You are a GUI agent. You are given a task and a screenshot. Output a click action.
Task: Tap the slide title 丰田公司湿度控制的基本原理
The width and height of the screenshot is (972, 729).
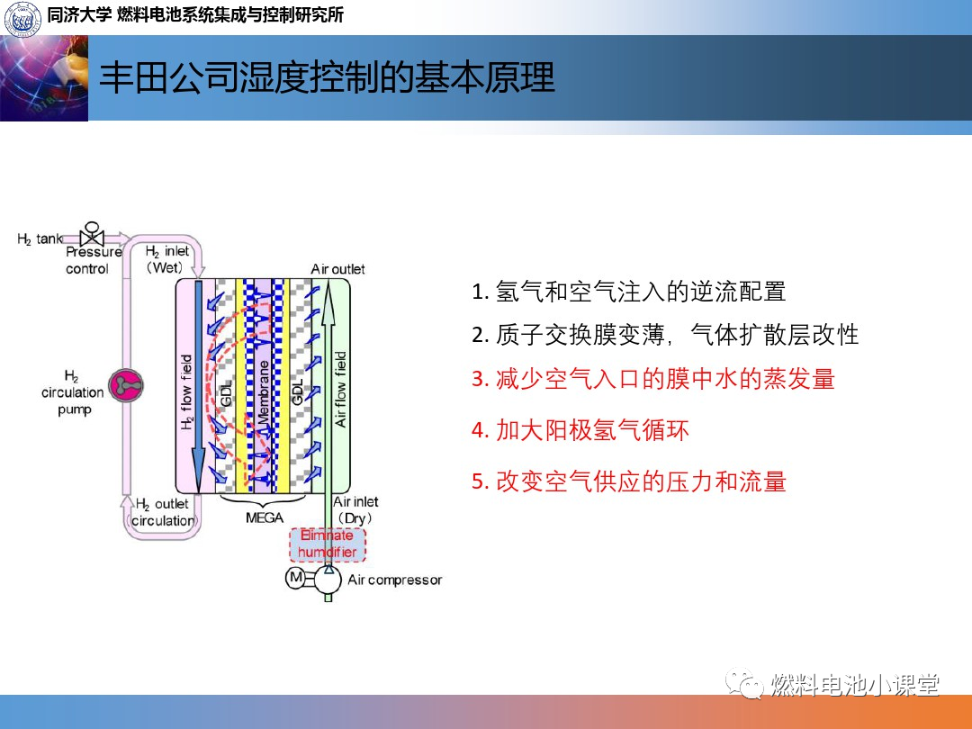coord(327,77)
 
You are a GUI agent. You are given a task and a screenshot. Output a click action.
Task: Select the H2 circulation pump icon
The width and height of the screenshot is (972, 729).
coord(127,385)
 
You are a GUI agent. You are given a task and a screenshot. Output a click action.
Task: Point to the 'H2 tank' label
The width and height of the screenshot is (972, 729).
coord(40,239)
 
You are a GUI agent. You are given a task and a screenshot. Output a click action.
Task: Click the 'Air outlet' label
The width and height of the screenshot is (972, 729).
coord(337,269)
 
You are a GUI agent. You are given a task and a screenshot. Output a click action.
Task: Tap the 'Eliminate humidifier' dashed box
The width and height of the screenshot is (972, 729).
coord(328,544)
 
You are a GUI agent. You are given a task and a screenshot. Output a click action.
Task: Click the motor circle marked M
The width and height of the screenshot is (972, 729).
coord(296,578)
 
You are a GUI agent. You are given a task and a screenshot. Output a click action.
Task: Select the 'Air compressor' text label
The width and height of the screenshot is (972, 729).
coord(395,580)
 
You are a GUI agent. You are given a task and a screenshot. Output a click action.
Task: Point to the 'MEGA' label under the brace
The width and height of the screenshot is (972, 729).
coord(264,517)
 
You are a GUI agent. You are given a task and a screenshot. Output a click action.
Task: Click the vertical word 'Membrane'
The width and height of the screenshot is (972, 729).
coord(264,391)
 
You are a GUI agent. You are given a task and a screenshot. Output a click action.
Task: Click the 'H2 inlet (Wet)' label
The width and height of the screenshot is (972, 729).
coord(166,259)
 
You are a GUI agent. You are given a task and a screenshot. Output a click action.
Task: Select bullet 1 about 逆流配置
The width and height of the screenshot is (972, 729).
coord(628,292)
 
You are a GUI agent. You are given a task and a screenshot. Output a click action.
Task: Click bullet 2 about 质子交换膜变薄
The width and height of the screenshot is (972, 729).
coord(665,335)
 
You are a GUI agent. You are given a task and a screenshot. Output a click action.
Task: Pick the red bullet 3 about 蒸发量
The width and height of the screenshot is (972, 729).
coord(653,379)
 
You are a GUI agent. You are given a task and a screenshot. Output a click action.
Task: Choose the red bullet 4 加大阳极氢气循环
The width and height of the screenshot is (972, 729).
coord(580,430)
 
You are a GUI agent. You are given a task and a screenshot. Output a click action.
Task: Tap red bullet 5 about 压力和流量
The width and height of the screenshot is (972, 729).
coord(628,481)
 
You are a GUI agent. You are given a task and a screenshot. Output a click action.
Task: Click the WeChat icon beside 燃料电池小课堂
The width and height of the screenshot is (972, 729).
coord(744,683)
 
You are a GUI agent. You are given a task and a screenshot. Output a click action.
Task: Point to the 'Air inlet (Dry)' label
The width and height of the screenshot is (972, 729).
coord(355,509)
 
